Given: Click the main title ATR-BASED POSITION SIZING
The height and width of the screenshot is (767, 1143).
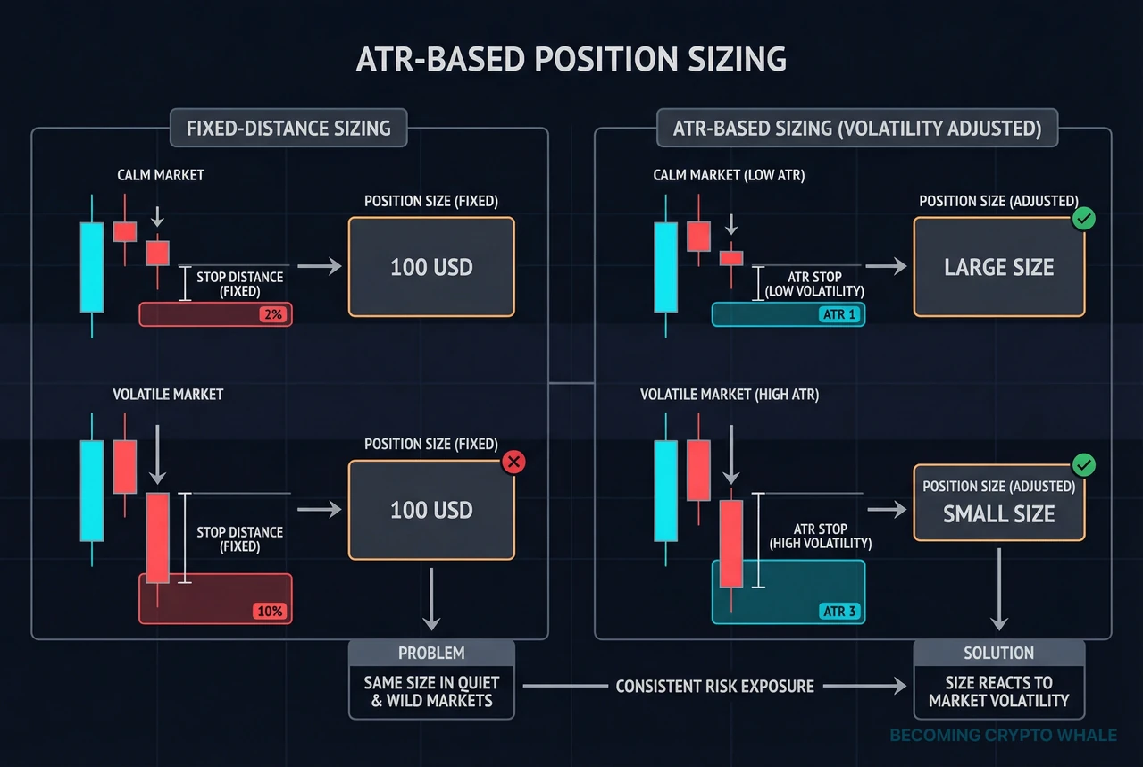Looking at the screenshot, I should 571,59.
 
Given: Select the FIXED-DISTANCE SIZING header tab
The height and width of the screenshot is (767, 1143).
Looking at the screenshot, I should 288,128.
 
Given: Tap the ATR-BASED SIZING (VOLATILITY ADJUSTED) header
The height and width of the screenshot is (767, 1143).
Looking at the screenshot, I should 856,128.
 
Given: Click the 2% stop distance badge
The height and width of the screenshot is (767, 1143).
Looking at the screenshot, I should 271,314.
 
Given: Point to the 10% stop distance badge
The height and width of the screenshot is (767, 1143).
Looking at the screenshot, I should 270,612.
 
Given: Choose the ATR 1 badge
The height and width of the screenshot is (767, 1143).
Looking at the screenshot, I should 839,314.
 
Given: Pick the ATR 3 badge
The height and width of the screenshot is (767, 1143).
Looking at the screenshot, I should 839,612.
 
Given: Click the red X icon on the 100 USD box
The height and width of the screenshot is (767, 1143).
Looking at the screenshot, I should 513,462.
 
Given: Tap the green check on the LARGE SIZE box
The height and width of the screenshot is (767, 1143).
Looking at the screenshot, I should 1083,219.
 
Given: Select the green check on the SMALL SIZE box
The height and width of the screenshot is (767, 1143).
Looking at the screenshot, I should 1083,465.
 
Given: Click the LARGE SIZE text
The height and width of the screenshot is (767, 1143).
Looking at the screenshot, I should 998,267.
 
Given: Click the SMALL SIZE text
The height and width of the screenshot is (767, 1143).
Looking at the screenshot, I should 998,514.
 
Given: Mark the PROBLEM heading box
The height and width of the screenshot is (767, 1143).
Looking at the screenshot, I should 431,653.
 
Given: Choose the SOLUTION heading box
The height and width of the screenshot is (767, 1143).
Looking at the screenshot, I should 998,653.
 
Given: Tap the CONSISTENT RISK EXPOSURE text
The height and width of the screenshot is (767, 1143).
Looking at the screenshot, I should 714,686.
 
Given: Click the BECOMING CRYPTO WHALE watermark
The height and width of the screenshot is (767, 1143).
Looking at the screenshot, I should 1003,736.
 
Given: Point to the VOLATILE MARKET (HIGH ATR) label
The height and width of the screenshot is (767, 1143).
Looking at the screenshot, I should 730,394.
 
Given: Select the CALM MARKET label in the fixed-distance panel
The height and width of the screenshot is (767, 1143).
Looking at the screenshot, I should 161,175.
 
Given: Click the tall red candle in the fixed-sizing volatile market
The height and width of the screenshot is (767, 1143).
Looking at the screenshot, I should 157,538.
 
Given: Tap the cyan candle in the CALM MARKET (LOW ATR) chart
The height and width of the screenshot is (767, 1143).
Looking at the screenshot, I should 665,267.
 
